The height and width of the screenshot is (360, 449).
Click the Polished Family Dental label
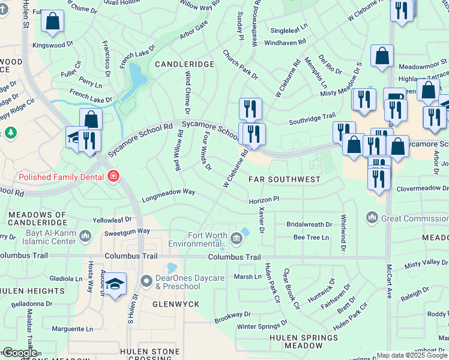(62, 176)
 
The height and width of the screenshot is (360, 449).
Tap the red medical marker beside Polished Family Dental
(113, 176)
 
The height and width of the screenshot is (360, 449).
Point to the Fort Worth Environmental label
(199, 239)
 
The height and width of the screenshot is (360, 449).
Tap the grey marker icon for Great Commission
(372, 217)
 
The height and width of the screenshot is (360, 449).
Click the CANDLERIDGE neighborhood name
(184, 64)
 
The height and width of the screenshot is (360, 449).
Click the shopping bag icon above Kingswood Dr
(53, 22)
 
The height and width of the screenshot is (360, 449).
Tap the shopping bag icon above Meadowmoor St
(382, 56)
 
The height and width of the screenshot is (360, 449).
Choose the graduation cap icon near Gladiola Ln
(116, 284)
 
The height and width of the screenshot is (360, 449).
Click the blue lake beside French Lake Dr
(136, 77)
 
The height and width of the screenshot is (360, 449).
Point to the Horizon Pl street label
(264, 199)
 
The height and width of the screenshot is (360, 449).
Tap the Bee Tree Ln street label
(312, 238)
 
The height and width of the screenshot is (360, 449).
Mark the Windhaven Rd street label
(285, 43)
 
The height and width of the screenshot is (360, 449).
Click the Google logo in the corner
(20, 353)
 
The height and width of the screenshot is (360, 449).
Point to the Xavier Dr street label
(261, 220)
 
